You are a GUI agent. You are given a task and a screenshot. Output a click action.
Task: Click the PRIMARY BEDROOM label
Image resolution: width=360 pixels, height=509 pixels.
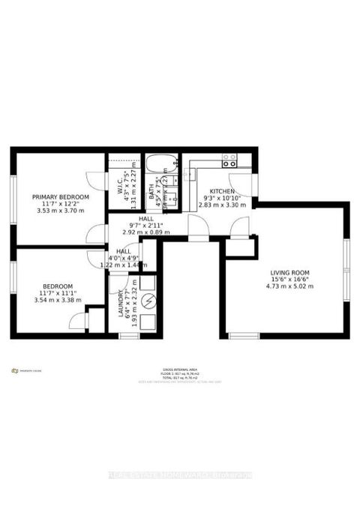(x=60, y=196)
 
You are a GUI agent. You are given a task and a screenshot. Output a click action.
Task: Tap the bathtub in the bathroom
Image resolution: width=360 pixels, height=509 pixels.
(x=160, y=164)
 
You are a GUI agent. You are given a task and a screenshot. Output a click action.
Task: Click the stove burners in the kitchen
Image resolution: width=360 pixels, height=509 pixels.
(x=229, y=160)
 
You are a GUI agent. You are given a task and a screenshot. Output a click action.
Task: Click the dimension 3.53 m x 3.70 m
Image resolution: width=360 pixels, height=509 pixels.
(x=60, y=211)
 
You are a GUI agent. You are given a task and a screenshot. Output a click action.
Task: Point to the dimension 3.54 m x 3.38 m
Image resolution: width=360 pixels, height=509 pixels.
(x=58, y=300)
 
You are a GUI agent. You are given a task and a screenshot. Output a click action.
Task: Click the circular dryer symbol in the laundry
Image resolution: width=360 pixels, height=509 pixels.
(x=147, y=302)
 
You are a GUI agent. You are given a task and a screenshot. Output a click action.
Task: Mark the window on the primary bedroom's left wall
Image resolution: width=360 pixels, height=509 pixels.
(x=13, y=197)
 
